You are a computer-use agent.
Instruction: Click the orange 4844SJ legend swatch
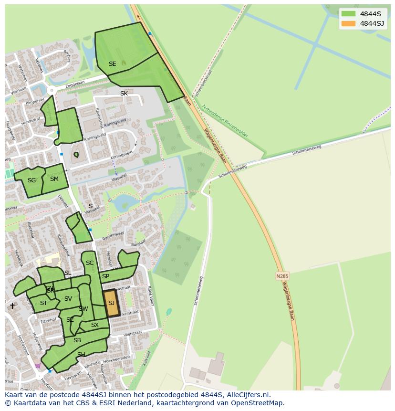pos(349,23)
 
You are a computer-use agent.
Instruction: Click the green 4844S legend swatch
pos(349,13)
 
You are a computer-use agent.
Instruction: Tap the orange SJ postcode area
pos(111,303)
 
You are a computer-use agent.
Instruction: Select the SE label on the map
pos(112,64)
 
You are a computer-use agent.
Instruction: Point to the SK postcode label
pos(124,94)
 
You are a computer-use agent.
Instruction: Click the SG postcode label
pos(31,180)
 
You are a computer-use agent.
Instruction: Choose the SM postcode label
pos(54,179)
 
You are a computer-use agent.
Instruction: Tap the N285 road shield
pos(282,276)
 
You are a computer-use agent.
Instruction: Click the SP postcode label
pos(105,276)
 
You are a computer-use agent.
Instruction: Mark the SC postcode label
pos(90,263)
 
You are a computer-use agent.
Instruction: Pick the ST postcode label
pos(43,303)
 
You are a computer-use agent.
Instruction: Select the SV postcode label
pos(68,299)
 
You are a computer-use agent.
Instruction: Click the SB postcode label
pos(77,340)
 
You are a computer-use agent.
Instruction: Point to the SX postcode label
pos(95,325)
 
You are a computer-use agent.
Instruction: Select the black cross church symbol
pos(12,306)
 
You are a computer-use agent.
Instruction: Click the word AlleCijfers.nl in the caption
pos(248,395)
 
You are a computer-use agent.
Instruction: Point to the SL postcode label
pos(68,273)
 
